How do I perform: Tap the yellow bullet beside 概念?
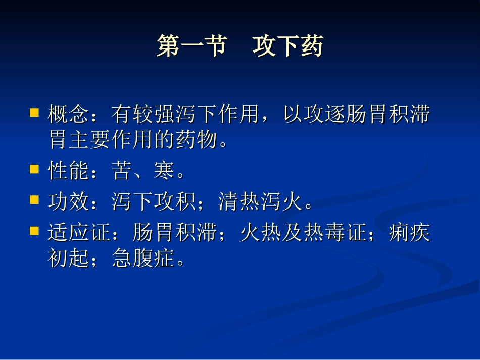click(34, 112)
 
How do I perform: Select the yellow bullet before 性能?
click(34, 169)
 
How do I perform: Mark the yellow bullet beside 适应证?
click(34, 231)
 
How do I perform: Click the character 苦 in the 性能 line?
click(122, 172)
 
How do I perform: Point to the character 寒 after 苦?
click(165, 172)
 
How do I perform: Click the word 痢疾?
click(409, 234)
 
